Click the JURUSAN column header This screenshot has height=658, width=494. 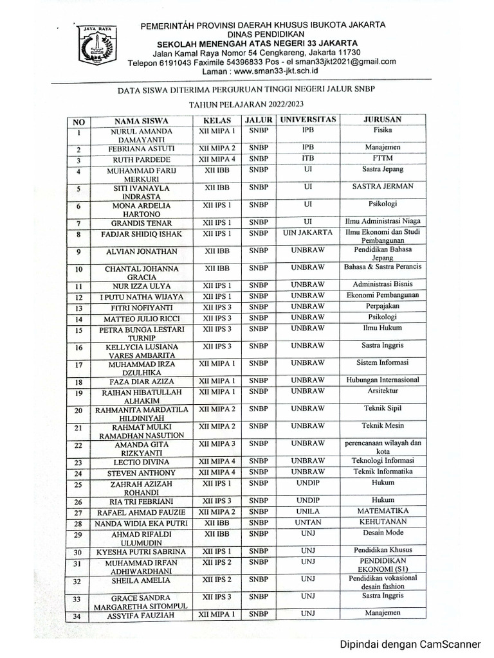[x=383, y=120]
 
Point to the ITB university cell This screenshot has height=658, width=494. [x=307, y=158]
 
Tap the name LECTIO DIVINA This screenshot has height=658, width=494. [x=142, y=463]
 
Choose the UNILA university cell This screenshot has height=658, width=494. [x=307, y=511]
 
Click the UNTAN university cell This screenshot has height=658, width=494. [x=307, y=523]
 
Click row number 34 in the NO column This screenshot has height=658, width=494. [x=78, y=618]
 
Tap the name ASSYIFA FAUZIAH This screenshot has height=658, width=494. [x=142, y=617]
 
